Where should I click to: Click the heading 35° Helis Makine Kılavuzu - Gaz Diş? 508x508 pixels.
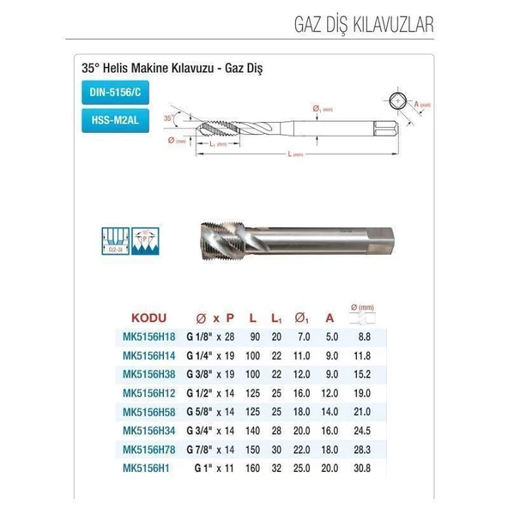coord(171,66)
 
